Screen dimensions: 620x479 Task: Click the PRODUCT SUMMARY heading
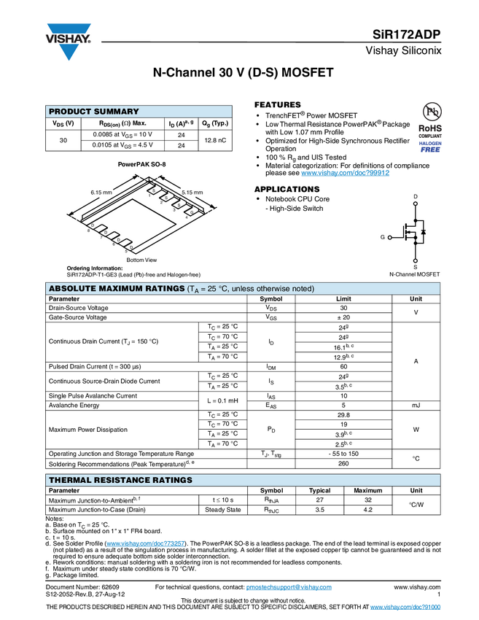pos(93,112)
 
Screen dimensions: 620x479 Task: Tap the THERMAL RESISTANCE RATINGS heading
pos(120,480)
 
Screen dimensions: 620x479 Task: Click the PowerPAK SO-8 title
pos(141,165)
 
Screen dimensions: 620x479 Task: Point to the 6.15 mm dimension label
pos(101,193)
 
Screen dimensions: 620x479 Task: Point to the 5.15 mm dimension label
pos(192,193)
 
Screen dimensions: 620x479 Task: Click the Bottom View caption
pos(141,260)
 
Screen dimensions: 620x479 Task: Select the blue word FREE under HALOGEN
pos(430,150)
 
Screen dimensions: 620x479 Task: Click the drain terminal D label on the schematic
pos(416,197)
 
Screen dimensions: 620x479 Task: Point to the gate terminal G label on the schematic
pos(382,238)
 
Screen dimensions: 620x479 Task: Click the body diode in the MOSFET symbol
pos(424,232)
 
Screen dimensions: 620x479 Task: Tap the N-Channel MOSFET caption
pos(409,274)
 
